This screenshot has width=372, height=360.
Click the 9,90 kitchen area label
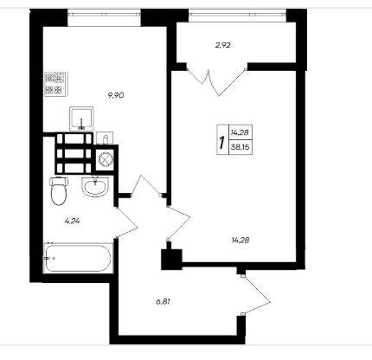[116, 95]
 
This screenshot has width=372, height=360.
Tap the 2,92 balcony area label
[222, 45]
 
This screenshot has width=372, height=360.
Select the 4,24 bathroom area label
[72, 222]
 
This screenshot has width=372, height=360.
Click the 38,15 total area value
[240, 147]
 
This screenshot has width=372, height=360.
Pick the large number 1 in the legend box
[221, 143]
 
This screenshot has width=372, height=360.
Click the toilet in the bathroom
[59, 190]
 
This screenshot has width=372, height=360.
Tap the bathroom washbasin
[96, 187]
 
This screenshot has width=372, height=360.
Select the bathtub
[78, 258]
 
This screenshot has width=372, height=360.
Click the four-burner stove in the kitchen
[56, 84]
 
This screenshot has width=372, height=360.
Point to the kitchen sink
[81, 119]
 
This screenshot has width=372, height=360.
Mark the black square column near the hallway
[171, 260]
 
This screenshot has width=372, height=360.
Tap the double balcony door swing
[216, 81]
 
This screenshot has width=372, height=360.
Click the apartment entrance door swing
[256, 295]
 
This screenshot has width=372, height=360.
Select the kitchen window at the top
[104, 14]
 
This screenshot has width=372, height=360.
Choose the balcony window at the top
[238, 14]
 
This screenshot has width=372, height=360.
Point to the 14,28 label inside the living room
[240, 240]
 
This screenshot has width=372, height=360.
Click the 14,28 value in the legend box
[240, 132]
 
